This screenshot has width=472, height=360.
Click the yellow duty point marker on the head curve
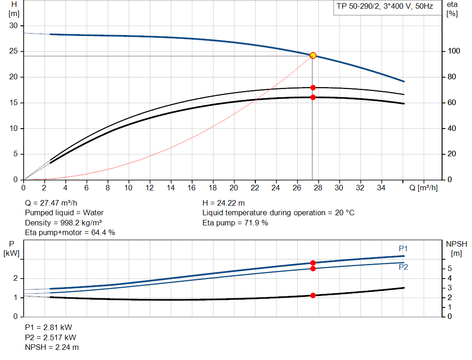click(x=313, y=55)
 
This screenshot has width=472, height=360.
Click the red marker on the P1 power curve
click(x=313, y=263)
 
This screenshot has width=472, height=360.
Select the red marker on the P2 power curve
click(x=313, y=268)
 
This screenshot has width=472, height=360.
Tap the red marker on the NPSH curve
click(x=313, y=295)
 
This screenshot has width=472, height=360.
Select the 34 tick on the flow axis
click(x=382, y=188)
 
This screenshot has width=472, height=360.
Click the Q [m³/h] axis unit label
click(x=423, y=188)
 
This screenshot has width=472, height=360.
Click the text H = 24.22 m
click(x=224, y=203)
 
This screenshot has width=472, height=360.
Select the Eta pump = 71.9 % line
click(x=235, y=223)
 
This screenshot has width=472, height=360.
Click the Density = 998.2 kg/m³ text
click(x=63, y=223)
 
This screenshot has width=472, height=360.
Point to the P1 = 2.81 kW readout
click(x=48, y=327)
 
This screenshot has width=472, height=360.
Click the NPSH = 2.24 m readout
click(x=52, y=347)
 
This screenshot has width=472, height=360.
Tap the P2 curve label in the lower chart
click(x=403, y=267)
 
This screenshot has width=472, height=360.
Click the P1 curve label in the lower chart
click(x=403, y=249)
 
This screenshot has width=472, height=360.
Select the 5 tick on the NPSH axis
click(x=449, y=269)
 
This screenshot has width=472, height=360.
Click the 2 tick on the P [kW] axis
click(x=16, y=278)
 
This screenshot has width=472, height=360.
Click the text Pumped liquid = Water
click(x=64, y=212)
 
